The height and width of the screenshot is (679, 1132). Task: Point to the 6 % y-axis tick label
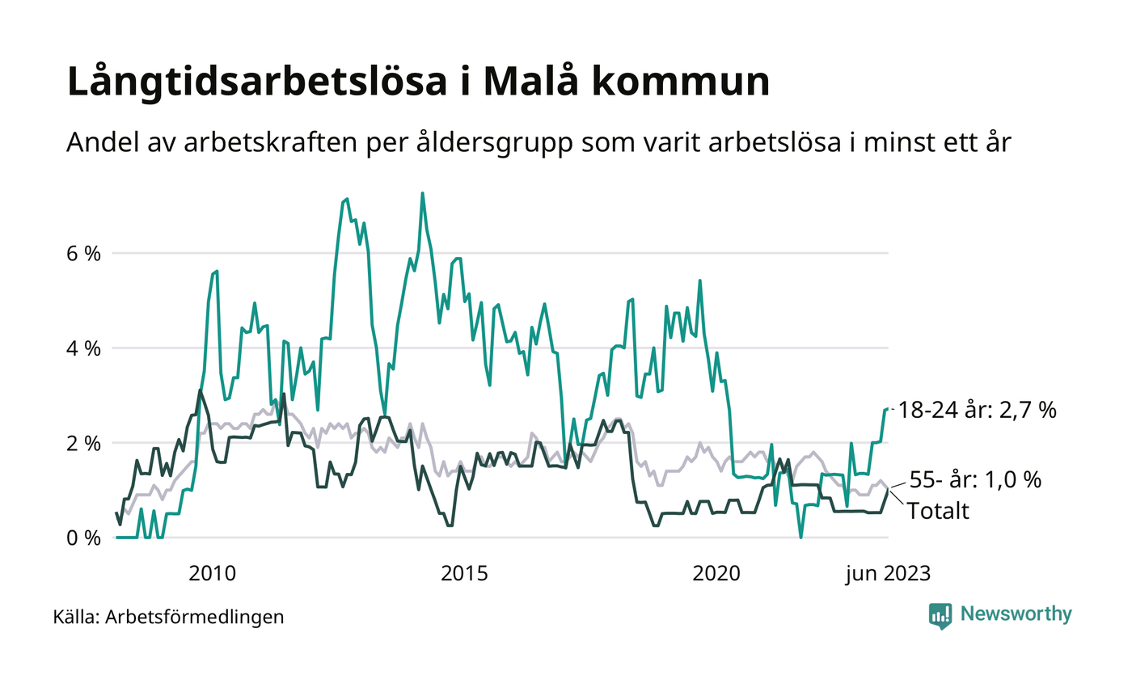(x=83, y=253)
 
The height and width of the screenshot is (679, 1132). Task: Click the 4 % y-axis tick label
(x=83, y=348)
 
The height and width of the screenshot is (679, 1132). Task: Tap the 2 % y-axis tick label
(x=83, y=443)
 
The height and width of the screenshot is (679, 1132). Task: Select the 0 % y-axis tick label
(x=83, y=538)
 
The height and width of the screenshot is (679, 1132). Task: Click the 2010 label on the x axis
(x=212, y=574)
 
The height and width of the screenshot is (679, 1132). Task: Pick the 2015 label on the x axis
(x=464, y=574)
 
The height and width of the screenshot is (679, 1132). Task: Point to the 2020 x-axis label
(x=716, y=574)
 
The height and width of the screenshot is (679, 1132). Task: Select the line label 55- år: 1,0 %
(x=975, y=479)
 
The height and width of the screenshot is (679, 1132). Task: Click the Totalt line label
(x=938, y=510)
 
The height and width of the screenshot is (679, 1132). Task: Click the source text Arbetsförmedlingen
(x=195, y=618)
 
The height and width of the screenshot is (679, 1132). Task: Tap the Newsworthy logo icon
(x=940, y=615)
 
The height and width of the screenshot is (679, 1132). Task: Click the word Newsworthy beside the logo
(x=1016, y=614)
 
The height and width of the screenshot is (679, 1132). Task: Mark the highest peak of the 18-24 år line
(x=423, y=193)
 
